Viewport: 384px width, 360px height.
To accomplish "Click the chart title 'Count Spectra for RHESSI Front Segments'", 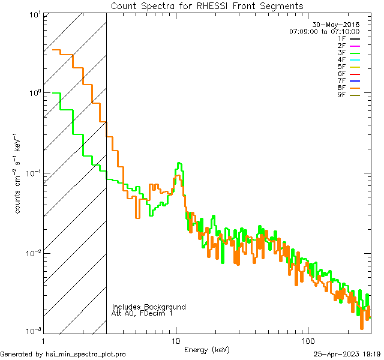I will click(207, 6).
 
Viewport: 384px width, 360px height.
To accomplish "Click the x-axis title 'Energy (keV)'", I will click(206, 350).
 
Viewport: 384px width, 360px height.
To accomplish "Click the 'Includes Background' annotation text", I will click(149, 307).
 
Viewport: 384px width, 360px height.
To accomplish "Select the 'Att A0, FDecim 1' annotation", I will click(142, 314).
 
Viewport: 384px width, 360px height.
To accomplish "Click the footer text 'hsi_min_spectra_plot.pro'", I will click(86, 355).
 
